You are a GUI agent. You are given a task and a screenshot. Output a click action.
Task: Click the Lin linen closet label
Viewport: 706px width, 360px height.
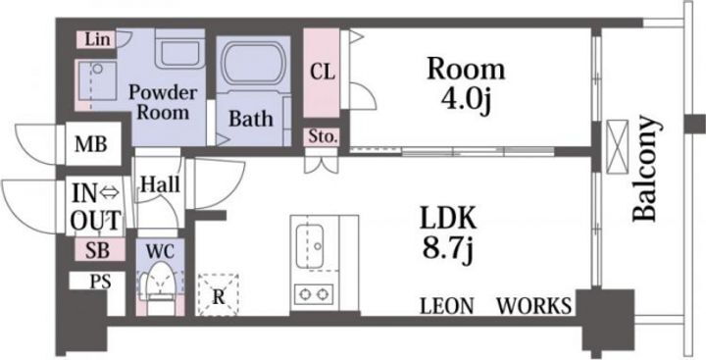[x=97, y=39]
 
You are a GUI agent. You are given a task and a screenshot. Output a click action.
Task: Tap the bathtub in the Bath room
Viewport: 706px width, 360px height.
[x=254, y=64]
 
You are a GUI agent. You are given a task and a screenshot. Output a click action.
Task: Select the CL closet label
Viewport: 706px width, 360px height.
[x=322, y=73]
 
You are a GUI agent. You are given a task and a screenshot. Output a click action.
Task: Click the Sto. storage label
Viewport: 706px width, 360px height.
[x=323, y=136]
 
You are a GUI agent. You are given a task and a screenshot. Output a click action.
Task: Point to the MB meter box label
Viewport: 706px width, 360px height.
[x=91, y=144]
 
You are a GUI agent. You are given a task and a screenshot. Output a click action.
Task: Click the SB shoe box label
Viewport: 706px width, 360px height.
[x=98, y=250]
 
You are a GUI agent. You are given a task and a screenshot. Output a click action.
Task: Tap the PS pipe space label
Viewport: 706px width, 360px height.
[x=100, y=282]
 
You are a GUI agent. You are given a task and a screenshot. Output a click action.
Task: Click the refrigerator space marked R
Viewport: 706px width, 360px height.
[x=219, y=294]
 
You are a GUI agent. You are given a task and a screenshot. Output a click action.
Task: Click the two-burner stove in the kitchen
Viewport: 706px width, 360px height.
[x=315, y=295]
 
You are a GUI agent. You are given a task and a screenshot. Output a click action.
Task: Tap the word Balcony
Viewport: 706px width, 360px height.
[x=644, y=169]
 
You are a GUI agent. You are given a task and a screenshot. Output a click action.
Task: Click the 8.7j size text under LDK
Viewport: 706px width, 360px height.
[x=447, y=249]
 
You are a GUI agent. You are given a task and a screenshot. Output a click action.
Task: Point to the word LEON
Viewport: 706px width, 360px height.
[x=447, y=306]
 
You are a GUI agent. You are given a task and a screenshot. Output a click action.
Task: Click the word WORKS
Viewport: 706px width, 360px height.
[x=534, y=306]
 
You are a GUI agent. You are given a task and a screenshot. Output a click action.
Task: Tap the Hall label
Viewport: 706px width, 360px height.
[x=161, y=184]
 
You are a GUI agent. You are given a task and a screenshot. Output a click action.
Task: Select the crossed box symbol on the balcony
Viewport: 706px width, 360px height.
[x=618, y=146]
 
